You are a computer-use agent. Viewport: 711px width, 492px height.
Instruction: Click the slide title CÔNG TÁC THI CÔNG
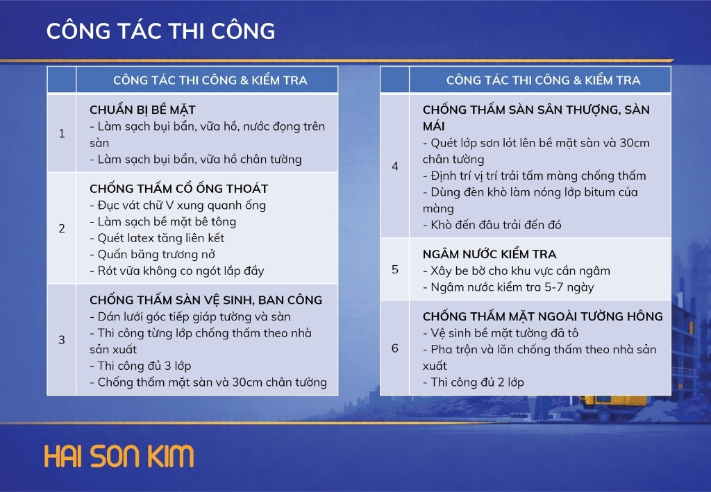click(x=160, y=31)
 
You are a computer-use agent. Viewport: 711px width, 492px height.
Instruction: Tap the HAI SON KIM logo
click(x=119, y=456)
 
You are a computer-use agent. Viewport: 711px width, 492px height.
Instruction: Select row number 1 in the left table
click(x=62, y=134)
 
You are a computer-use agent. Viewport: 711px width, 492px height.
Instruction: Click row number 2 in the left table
click(x=62, y=228)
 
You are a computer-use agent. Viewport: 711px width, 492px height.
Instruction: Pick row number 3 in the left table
click(x=62, y=340)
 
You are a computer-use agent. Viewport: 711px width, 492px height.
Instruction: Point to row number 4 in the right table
click(x=395, y=167)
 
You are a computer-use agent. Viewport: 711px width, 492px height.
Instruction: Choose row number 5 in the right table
click(x=395, y=269)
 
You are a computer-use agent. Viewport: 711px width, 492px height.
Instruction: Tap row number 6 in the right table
click(x=395, y=348)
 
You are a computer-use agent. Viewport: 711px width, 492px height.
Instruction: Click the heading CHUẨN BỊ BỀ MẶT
click(x=142, y=110)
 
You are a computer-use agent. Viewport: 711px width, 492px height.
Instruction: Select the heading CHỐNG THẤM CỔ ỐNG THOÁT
click(x=178, y=188)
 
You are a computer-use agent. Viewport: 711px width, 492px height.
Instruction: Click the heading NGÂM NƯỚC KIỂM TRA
click(x=490, y=254)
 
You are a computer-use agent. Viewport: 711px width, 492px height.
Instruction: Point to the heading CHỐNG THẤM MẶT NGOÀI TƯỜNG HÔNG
click(x=543, y=316)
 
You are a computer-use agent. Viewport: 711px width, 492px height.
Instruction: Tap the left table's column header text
click(x=210, y=80)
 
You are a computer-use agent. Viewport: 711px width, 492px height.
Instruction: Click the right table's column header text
click(x=543, y=80)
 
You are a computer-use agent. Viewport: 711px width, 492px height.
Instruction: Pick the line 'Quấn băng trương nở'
click(x=152, y=255)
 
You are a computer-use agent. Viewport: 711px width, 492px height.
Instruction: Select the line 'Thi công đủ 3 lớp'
click(x=140, y=366)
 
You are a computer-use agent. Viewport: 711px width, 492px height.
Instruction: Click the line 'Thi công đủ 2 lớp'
click(x=474, y=382)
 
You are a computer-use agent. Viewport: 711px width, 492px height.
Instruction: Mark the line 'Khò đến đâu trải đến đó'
click(x=492, y=225)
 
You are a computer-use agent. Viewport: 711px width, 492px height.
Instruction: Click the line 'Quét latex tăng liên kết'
click(x=157, y=238)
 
